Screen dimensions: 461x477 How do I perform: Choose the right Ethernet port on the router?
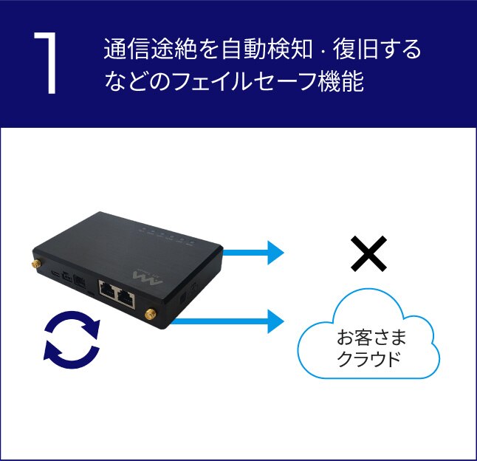127,297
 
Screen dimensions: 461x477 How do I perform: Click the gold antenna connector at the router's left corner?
34,263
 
